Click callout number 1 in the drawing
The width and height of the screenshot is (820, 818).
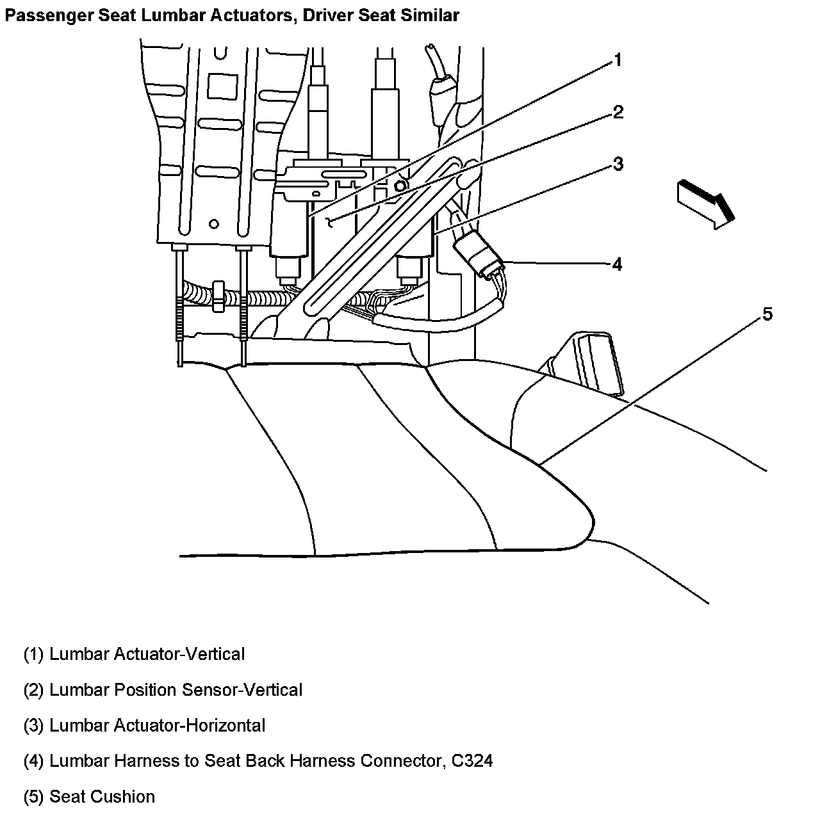point(618,60)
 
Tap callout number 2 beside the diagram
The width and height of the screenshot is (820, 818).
point(618,113)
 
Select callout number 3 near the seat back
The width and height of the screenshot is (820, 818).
point(618,164)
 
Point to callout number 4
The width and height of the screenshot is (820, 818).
point(617,264)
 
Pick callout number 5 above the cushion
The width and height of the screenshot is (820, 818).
point(767,314)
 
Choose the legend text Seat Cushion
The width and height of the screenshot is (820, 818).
point(102,797)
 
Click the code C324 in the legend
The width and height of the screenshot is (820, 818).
point(470,761)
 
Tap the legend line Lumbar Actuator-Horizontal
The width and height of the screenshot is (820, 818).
point(157,726)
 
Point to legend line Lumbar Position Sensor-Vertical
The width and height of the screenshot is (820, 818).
point(176,690)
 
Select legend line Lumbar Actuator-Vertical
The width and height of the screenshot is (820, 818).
point(147,654)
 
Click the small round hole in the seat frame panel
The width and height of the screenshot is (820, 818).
point(214,224)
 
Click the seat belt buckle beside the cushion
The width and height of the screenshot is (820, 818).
point(596,362)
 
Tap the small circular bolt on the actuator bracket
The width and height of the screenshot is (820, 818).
point(400,186)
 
